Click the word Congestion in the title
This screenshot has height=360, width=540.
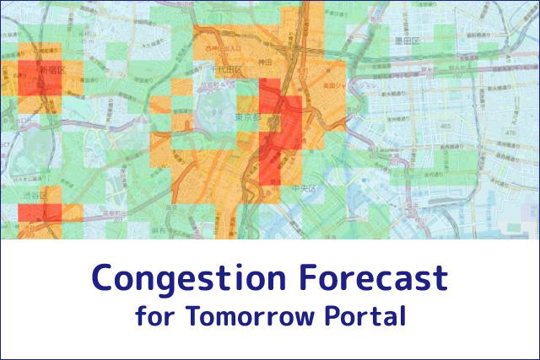(177, 277)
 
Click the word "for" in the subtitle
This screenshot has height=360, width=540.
(151, 318)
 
